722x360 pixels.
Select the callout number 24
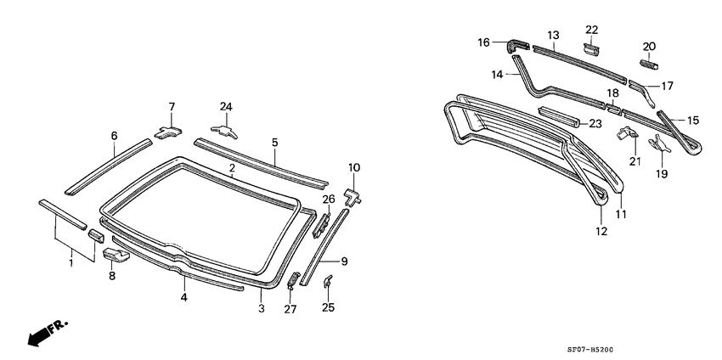click(226, 106)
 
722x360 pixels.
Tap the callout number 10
click(354, 167)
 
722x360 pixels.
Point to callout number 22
click(592, 30)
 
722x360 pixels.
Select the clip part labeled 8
click(116, 254)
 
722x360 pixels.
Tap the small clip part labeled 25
click(328, 282)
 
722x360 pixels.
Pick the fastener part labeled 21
click(627, 132)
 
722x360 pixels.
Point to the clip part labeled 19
click(659, 146)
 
